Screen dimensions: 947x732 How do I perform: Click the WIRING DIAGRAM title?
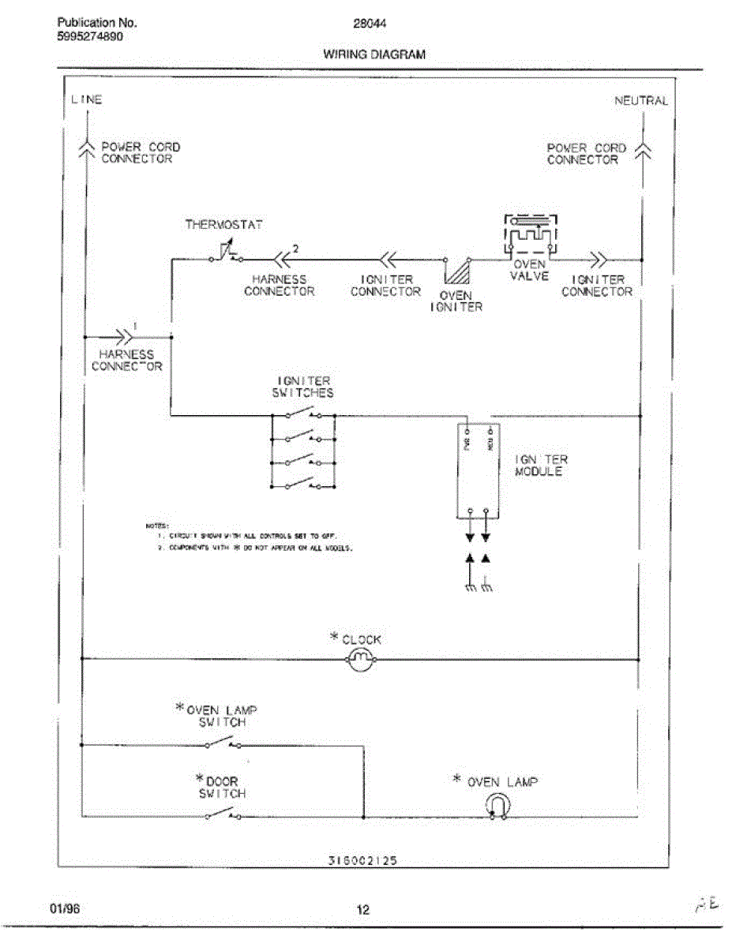[374, 54]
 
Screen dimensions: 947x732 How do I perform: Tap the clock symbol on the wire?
[360, 659]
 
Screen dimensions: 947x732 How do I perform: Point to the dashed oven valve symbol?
[530, 234]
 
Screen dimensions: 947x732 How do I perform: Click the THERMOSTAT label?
[223, 225]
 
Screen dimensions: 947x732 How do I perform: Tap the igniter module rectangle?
[479, 470]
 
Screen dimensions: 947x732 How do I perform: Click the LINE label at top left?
[87, 100]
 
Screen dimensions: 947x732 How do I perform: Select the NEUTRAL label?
[640, 101]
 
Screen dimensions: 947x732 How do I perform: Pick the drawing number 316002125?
[362, 862]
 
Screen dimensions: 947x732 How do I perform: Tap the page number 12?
[362, 910]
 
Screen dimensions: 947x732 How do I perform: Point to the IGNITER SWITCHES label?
[303, 387]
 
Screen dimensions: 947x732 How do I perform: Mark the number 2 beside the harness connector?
[295, 249]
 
